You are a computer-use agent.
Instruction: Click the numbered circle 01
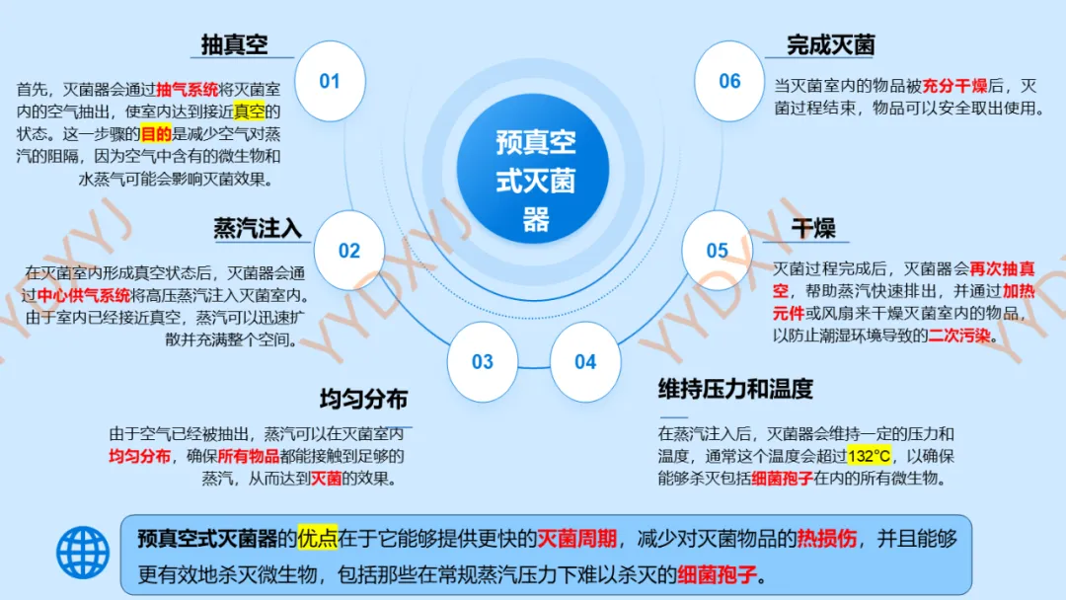pyautogui.click(x=330, y=81)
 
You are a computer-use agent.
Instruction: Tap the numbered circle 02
pyautogui.click(x=349, y=251)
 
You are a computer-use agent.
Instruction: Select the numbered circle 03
pyautogui.click(x=482, y=361)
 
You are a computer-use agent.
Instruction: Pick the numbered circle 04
pyautogui.click(x=585, y=361)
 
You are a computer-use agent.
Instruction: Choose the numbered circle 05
pyautogui.click(x=718, y=251)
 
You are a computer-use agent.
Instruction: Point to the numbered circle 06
pyautogui.click(x=729, y=81)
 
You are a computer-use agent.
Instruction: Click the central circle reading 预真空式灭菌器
pyautogui.click(x=534, y=183)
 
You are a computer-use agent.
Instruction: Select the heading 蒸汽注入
pyautogui.click(x=258, y=229)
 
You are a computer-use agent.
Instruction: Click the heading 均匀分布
pyautogui.click(x=363, y=400)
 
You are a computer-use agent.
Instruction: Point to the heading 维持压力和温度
pyautogui.click(x=735, y=389)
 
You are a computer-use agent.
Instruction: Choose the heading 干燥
pyautogui.click(x=812, y=229)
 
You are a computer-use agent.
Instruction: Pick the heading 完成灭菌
pyautogui.click(x=831, y=44)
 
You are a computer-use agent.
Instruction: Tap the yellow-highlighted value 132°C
pyautogui.click(x=869, y=456)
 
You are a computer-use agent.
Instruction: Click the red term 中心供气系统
pyautogui.click(x=84, y=295)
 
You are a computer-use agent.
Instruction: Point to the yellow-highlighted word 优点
pyautogui.click(x=318, y=539)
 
